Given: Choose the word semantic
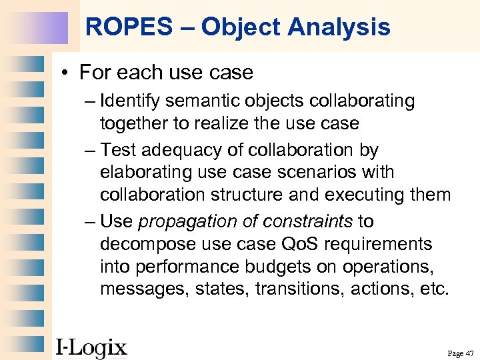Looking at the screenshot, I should tap(200, 101).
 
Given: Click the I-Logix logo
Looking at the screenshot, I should tap(91, 347).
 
